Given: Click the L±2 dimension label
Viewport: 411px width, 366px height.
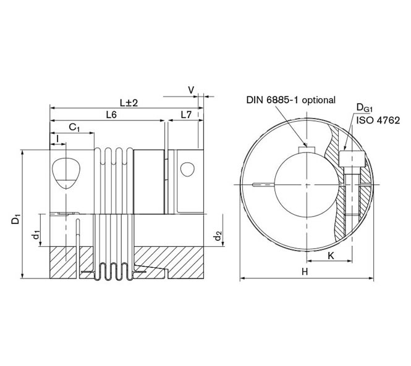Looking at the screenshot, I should (129, 102).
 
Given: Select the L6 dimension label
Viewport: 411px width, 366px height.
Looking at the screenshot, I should (112, 115).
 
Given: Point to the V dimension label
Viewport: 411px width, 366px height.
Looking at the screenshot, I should (192, 90).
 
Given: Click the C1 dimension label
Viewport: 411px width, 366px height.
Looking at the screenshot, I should (75, 128).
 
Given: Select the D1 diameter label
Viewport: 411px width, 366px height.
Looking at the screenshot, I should (16, 218).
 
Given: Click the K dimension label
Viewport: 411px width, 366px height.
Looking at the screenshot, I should (333, 254).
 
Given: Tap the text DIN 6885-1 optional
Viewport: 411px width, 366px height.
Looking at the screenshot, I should (290, 99).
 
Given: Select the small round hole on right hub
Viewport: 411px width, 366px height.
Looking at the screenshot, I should (187, 168).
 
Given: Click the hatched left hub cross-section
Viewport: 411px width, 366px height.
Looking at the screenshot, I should (62, 262).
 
